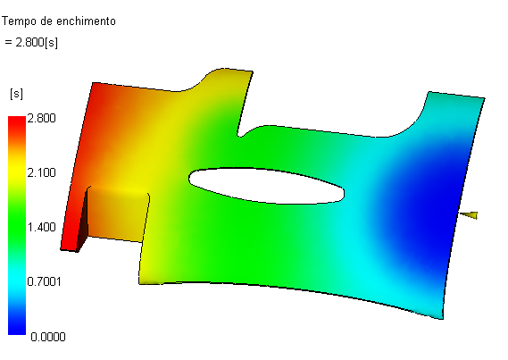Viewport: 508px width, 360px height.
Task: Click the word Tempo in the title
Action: pos(19,21)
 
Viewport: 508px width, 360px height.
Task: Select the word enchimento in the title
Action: pos(86,21)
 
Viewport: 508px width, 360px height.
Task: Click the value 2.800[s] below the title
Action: pos(37,43)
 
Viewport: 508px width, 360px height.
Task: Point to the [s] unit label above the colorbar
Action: pos(17,95)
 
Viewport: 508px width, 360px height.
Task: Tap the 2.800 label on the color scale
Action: pos(41,118)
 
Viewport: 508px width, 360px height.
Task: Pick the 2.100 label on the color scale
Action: pos(41,172)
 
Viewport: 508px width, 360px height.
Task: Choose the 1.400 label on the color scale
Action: pos(41,227)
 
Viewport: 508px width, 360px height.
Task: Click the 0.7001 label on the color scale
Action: pos(44,281)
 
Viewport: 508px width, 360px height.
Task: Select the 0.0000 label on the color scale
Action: pos(48,337)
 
